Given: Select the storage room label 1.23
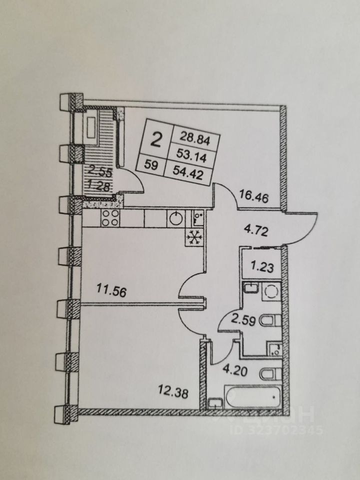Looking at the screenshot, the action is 261,267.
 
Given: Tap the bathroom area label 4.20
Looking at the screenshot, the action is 234,372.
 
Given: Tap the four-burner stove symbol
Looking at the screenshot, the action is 110,218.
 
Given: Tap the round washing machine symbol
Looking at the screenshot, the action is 270,291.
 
